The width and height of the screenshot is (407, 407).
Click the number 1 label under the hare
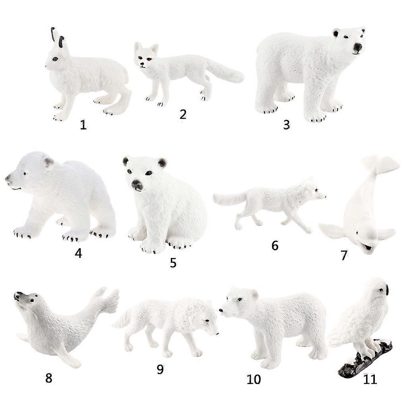(x=83, y=125)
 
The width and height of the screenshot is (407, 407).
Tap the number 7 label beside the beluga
(x=344, y=255)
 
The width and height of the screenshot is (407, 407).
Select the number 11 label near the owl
(x=370, y=380)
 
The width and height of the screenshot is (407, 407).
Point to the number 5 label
(x=173, y=263)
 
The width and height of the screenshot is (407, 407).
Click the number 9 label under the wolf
(x=160, y=369)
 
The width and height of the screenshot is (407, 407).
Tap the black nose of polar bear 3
(x=358, y=47)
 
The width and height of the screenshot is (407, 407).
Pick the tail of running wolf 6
(x=229, y=198)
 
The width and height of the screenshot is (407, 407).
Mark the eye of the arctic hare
(x=55, y=59)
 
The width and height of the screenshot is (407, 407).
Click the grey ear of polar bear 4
(x=49, y=163)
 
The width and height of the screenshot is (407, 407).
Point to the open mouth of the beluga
(x=368, y=247)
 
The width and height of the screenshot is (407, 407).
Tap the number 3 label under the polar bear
(x=287, y=124)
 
